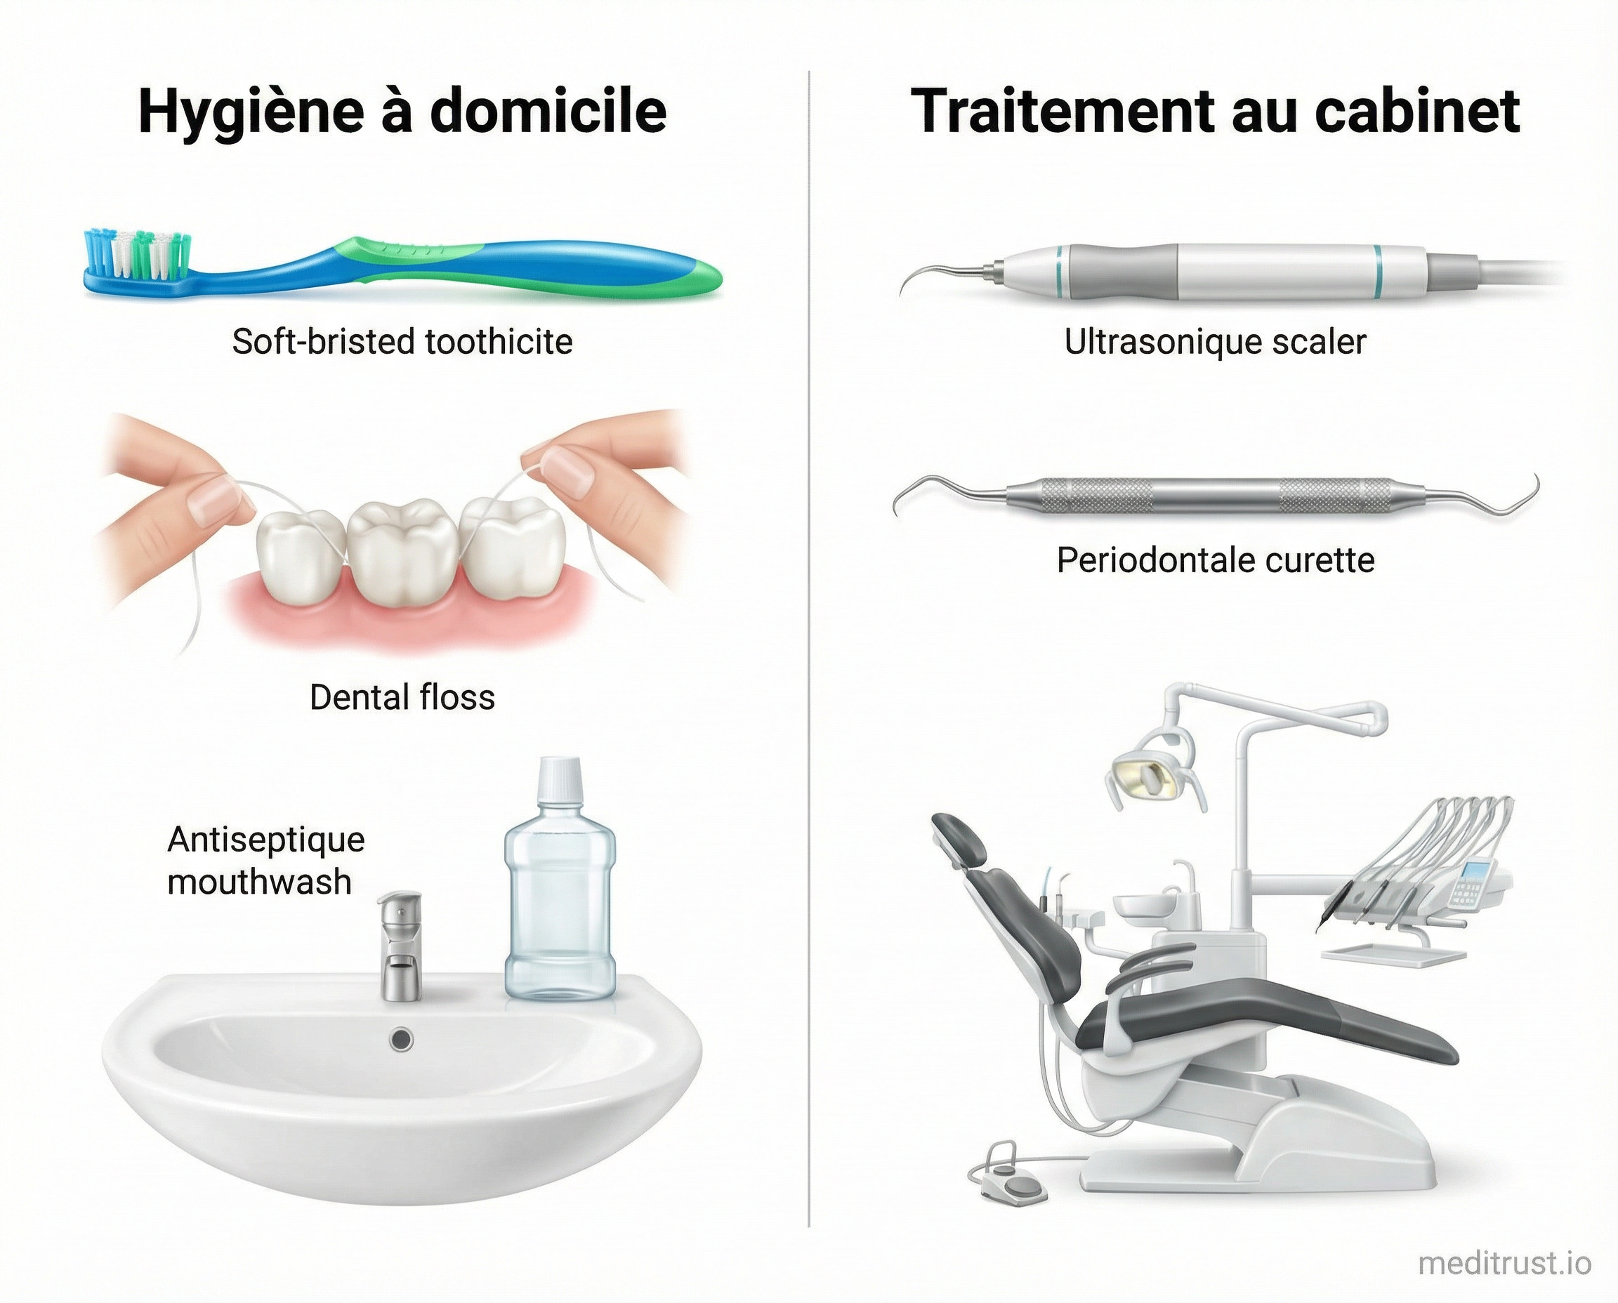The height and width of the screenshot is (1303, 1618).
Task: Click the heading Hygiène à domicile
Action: (x=402, y=111)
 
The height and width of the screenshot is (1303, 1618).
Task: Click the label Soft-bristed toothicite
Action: (x=402, y=343)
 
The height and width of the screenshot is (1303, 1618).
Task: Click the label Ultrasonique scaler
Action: (x=1215, y=343)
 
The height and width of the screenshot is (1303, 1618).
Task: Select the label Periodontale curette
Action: (x=1215, y=561)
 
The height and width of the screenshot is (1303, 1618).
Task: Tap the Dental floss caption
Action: (x=402, y=698)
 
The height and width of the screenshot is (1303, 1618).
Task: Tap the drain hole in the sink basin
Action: (x=402, y=1039)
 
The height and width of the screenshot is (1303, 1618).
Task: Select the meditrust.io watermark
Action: (x=1504, y=1264)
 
